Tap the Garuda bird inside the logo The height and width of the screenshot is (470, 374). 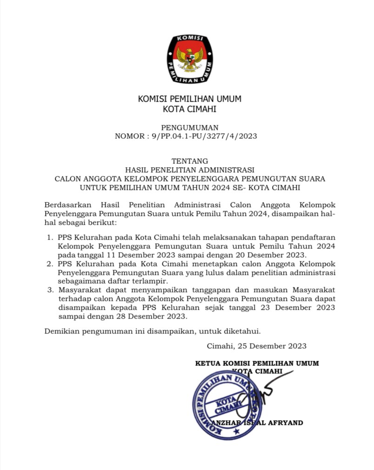(189, 58)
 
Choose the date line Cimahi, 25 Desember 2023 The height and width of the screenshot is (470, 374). (256, 346)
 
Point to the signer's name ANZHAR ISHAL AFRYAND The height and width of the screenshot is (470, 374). (257, 423)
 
